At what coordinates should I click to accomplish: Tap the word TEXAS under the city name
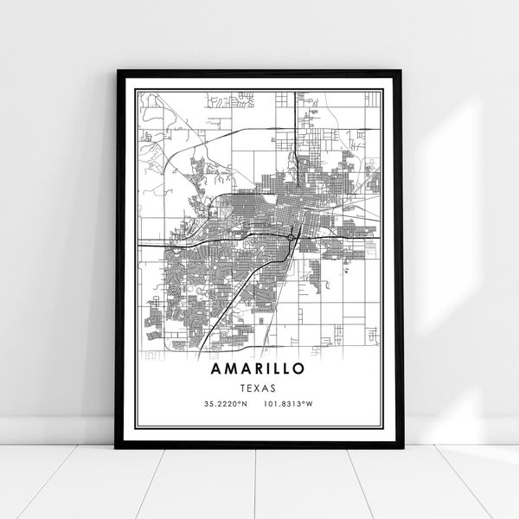[x=259, y=388]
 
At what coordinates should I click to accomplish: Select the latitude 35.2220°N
[x=224, y=405]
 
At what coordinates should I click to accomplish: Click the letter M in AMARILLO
[x=230, y=368]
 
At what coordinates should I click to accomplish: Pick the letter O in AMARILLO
[x=299, y=368]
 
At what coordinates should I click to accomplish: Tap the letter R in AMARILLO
[x=258, y=368]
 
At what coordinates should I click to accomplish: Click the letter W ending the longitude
[x=311, y=405]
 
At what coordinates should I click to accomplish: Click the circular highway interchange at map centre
[x=289, y=234]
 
